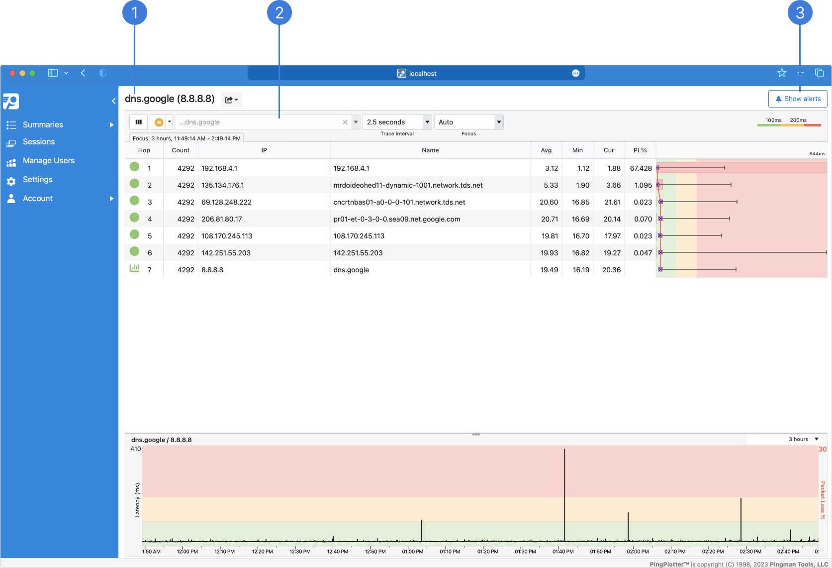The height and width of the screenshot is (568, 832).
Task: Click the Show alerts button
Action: (797, 99)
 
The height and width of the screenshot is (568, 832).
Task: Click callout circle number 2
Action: (279, 12)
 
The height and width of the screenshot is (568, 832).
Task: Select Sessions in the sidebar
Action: (39, 142)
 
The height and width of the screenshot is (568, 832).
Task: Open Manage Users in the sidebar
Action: (48, 161)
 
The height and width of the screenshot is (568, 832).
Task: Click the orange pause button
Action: (159, 122)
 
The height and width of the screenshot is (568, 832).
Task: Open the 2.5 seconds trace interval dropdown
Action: (427, 122)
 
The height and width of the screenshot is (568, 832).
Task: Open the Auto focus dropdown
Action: (498, 122)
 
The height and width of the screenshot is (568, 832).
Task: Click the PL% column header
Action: (640, 150)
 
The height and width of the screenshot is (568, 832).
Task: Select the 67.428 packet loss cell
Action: (640, 168)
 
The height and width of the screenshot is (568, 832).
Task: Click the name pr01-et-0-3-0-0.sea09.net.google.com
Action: (396, 219)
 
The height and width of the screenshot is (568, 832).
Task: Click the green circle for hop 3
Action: (134, 201)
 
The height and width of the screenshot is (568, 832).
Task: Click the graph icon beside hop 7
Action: (134, 268)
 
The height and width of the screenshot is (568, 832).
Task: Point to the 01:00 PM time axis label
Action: (412, 551)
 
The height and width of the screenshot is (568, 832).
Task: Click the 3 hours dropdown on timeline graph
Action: (803, 439)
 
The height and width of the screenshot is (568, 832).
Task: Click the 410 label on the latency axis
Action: (135, 449)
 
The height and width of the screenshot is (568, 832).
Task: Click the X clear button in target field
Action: (345, 122)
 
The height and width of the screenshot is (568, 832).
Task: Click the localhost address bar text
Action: (422, 74)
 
